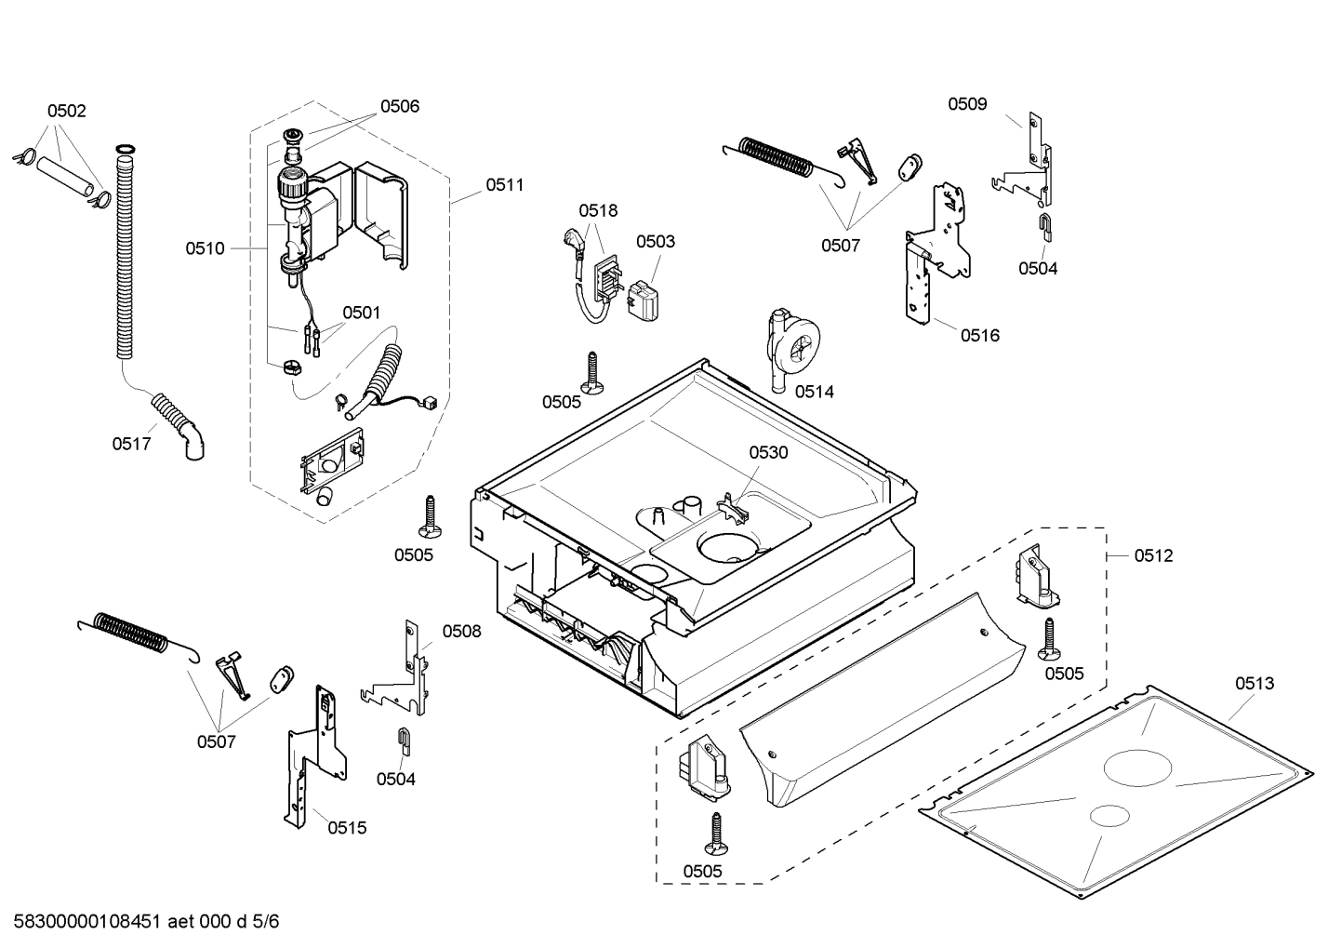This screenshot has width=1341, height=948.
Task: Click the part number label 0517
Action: pos(131,444)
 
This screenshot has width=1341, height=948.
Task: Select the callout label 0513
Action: pos(1255,683)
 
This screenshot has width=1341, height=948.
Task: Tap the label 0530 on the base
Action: pos(768,452)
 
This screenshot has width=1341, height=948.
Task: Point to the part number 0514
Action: pos(814,392)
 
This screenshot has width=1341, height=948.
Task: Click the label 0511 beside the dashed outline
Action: pos(504,185)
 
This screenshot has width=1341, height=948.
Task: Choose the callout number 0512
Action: pos(1153,555)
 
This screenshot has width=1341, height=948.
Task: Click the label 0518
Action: pos(597,210)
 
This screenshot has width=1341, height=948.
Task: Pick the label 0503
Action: pos(656,241)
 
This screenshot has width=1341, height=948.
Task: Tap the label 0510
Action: pos(205,248)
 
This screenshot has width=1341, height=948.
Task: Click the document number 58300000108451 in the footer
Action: pos(89,922)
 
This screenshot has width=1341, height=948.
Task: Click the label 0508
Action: pos(461,631)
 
